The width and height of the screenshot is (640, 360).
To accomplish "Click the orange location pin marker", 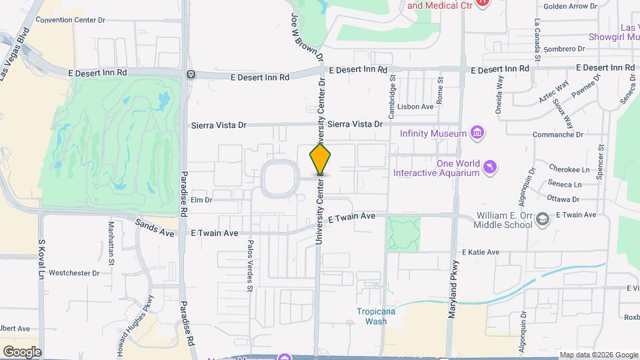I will coord(320,159).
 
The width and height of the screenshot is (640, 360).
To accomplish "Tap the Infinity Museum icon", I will coord(477,133).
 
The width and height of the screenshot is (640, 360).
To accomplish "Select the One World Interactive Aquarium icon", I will coord(490,167).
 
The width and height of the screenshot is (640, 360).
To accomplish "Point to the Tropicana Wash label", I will coord(371,316).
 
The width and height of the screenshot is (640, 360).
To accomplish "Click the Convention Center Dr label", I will coord(71,20).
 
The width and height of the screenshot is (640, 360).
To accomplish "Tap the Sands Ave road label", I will coord(154,229).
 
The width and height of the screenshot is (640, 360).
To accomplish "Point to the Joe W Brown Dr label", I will coord(307,33).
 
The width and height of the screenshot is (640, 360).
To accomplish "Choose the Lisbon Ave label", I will coord(415,107).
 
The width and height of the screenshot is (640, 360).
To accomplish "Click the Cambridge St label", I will coord(392,87).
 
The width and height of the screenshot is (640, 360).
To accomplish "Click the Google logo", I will coord(22,351).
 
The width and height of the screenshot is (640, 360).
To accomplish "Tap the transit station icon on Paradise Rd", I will coord(191,74).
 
